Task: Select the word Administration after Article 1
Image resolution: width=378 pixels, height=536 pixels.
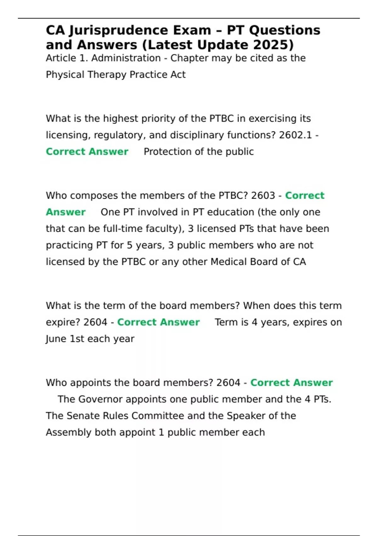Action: click(x=126, y=58)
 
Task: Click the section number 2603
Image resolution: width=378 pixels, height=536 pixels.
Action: click(x=263, y=195)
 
